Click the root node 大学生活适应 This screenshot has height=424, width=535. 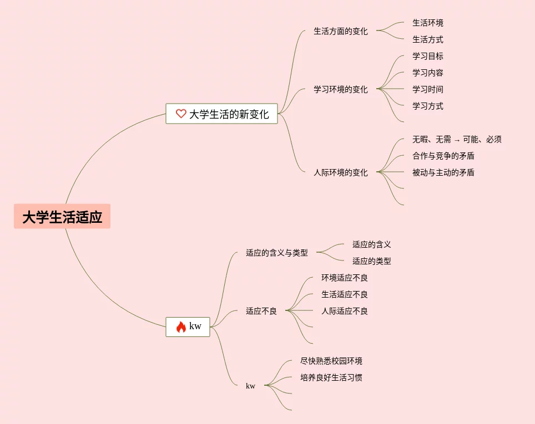click(62, 217)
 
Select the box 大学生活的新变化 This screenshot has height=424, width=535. click(221, 114)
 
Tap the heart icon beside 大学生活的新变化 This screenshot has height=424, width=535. click(181, 114)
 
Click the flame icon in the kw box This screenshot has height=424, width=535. click(181, 327)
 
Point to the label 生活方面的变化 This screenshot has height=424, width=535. click(340, 31)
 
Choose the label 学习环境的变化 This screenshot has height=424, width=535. click(340, 89)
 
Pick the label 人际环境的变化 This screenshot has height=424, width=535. click(340, 172)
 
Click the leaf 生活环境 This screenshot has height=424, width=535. click(427, 23)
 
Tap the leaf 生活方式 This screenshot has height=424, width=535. click(427, 39)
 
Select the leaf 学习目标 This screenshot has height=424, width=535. click(427, 56)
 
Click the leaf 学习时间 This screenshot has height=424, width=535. click(427, 89)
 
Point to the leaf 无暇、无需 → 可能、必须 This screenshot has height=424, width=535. click(457, 139)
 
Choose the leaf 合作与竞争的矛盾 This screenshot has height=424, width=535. click(443, 156)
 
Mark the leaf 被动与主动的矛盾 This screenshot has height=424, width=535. click(443, 172)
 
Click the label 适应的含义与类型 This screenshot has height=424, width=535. click(276, 253)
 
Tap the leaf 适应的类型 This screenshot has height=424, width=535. click(371, 261)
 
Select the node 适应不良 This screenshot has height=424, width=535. click(261, 311)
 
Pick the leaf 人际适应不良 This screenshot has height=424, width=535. click(344, 311)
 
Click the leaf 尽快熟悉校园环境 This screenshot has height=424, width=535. click(331, 361)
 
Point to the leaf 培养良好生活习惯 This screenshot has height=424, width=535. click(331, 377)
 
